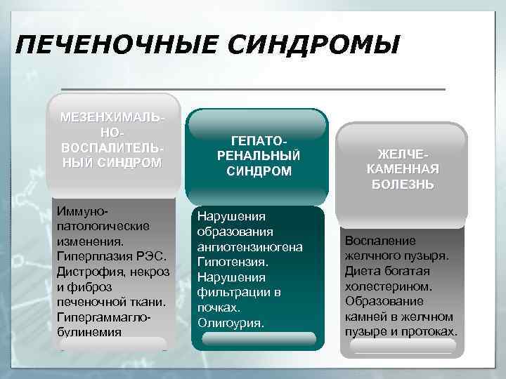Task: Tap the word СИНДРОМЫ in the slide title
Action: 308,46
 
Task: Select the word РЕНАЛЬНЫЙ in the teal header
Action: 259,156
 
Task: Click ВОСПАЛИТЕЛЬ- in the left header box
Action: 113,148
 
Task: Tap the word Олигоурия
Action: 231,323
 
